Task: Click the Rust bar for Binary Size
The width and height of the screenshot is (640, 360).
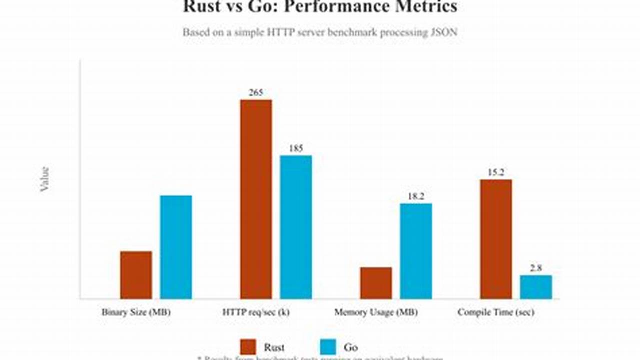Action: pos(136,275)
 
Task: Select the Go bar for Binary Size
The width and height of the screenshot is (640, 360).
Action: pos(176,247)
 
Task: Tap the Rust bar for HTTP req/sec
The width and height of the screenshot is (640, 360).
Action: pos(256,199)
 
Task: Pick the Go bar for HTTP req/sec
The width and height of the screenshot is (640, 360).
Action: pos(296,227)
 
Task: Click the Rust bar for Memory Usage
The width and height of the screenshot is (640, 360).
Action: pos(376,283)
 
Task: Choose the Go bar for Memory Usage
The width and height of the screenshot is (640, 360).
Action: pos(416,251)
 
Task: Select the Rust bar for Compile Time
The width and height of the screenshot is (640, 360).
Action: pos(496,239)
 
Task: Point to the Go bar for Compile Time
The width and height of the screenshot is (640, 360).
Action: pos(536,287)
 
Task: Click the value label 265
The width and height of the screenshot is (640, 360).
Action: pos(256,92)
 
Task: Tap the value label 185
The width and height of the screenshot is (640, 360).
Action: pos(296,148)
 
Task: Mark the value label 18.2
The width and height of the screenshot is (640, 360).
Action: pos(416,196)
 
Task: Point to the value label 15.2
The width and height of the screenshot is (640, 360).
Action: pos(496,172)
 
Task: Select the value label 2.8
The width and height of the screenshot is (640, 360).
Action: pos(536,268)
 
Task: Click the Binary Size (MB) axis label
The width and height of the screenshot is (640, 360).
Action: pos(136,312)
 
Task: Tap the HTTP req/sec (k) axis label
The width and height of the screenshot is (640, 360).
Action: pos(256,312)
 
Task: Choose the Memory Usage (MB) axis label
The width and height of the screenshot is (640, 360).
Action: pos(376,312)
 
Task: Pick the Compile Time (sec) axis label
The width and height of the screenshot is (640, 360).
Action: pos(496,312)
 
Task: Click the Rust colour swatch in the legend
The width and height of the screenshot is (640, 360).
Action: pos(248,347)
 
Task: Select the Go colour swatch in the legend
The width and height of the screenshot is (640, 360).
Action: pos(328,347)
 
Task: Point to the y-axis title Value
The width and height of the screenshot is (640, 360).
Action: pos(45,179)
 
